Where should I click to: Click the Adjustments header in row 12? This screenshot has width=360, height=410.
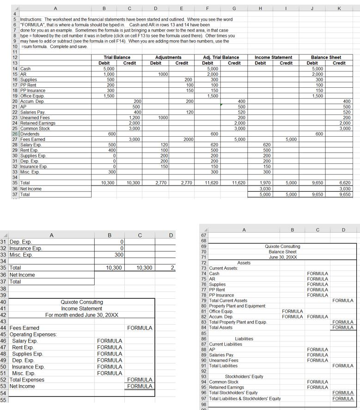pyautogui.click(x=168, y=57)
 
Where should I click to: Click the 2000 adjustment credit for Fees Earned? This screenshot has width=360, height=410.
pyautogui.click(x=188, y=139)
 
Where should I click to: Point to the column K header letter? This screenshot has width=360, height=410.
pyautogui.click(x=339, y=8)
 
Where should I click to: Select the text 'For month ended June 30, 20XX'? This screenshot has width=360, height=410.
pyautogui.click(x=82, y=315)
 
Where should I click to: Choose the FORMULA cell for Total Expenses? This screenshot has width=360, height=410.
pyautogui.click(x=140, y=380)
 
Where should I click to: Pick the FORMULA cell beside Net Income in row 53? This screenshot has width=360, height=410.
pyautogui.click(x=140, y=386)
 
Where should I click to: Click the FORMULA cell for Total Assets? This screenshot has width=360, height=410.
pyautogui.click(x=343, y=327)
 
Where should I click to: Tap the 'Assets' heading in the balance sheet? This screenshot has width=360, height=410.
pyautogui.click(x=244, y=263)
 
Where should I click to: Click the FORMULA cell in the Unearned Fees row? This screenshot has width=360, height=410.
pyautogui.click(x=317, y=360)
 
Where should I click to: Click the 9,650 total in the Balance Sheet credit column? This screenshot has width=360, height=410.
pyautogui.click(x=344, y=194)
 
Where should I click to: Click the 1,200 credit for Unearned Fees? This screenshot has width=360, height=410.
pyautogui.click(x=134, y=118)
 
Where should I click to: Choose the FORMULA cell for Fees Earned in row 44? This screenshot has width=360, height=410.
pyautogui.click(x=140, y=328)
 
